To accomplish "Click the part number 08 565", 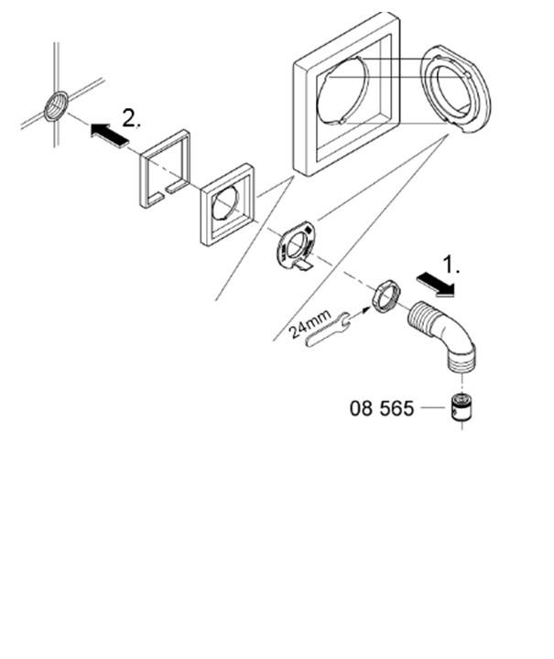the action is click(x=382, y=408).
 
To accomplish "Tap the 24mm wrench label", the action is click(x=310, y=324).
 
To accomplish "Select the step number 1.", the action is click(x=451, y=265).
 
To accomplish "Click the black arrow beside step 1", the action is click(x=436, y=283).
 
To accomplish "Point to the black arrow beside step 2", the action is click(x=110, y=135).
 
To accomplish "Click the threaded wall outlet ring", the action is click(x=57, y=106).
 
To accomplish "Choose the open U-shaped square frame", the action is click(x=165, y=169).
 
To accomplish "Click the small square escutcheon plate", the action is click(x=227, y=204).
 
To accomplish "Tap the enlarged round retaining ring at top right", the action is click(x=456, y=89).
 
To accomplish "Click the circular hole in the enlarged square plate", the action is click(x=343, y=91).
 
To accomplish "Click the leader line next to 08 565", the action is click(x=433, y=407).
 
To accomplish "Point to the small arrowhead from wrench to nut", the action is click(x=365, y=309).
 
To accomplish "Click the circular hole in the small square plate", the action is click(x=226, y=204).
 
